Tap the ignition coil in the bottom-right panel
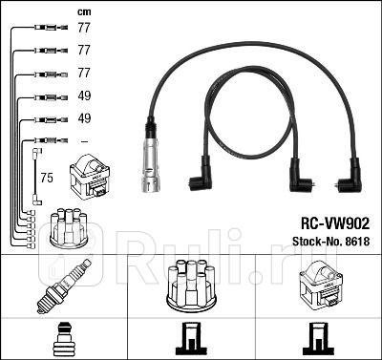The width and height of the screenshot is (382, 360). tap(320, 284)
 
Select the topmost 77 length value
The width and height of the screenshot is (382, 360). tap(83, 30)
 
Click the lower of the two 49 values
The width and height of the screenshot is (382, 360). tap(83, 118)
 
